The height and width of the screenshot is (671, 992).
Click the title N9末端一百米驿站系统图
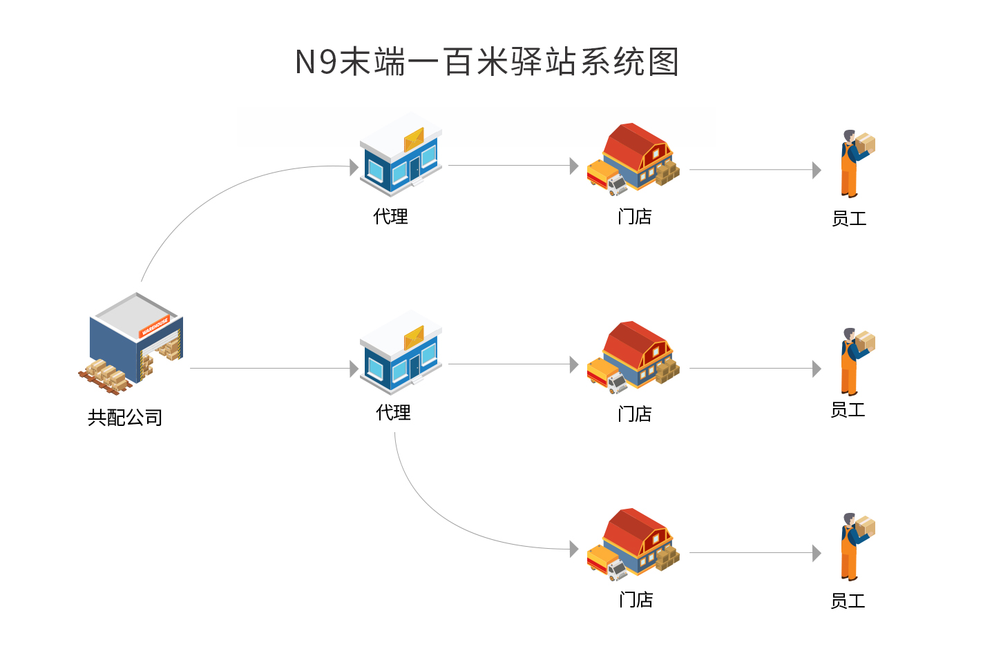(486, 62)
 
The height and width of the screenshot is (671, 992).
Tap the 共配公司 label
(125, 417)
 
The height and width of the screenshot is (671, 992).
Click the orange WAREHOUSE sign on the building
(155, 327)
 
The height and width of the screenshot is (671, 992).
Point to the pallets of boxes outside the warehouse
(106, 377)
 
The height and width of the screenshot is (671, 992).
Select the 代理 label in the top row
(390, 217)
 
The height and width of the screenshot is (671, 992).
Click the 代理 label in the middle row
(393, 413)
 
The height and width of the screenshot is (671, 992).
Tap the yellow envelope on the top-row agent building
(414, 139)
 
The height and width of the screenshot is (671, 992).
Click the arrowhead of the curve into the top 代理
(354, 166)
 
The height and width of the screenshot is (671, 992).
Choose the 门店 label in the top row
(634, 217)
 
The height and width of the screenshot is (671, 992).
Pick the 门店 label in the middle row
(634, 414)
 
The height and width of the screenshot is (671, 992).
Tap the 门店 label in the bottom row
(636, 600)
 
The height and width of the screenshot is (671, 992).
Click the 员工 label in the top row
(848, 219)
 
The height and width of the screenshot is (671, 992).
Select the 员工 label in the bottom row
(847, 601)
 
